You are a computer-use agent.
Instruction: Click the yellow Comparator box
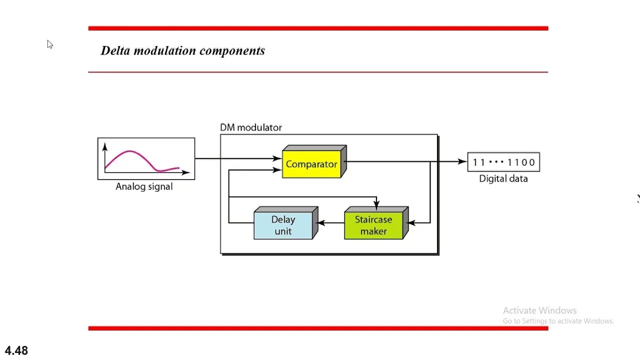tap(311, 164)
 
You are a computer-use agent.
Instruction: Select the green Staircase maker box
tap(373, 225)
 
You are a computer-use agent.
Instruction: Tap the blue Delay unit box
tap(283, 225)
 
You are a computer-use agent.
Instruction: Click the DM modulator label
tap(251, 127)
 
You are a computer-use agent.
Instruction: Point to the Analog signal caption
tap(144, 186)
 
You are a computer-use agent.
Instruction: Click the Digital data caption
tap(503, 178)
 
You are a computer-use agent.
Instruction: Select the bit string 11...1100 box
tap(503, 162)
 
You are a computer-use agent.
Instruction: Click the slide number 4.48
tap(16, 350)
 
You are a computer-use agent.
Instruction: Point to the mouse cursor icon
tap(49, 44)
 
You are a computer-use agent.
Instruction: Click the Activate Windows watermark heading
tap(539, 310)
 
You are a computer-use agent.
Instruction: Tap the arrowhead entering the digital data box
tap(462, 161)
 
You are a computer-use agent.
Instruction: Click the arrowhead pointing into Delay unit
tap(320, 223)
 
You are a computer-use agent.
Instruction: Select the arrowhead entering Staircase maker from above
tap(376, 204)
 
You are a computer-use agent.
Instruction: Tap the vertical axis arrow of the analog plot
tap(105, 146)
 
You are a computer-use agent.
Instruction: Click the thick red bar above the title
tap(318, 28)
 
